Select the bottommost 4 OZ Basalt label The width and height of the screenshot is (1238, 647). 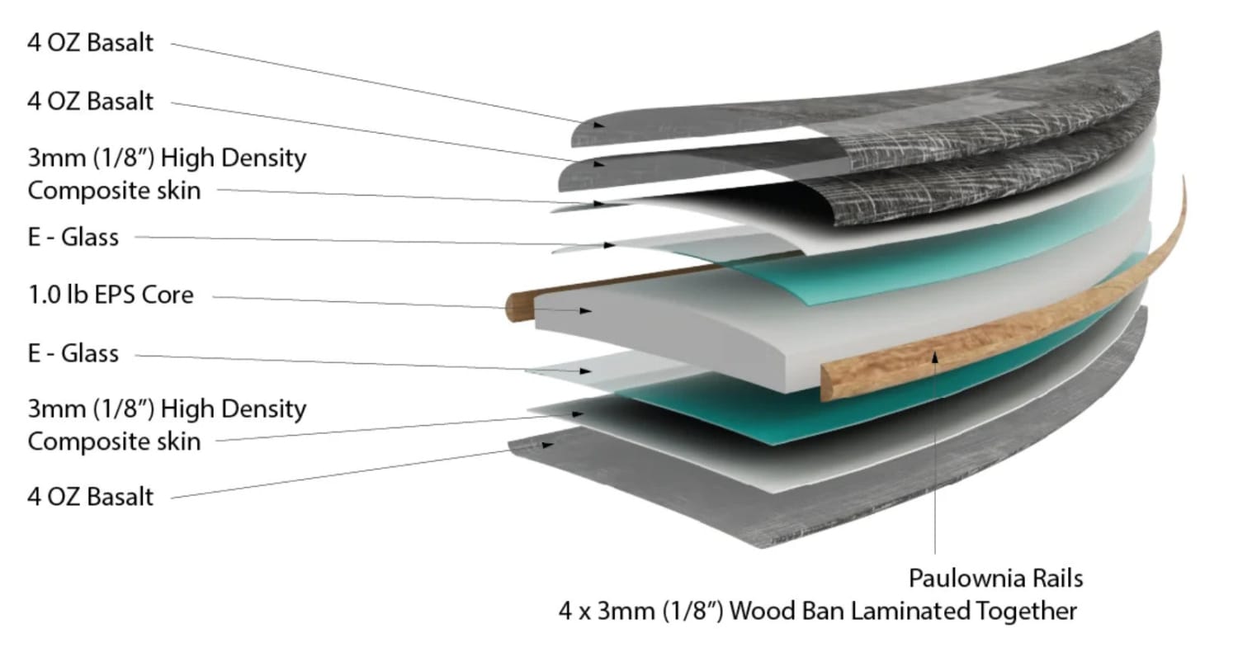click(x=91, y=498)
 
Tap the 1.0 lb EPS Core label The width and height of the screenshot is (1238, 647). click(x=111, y=295)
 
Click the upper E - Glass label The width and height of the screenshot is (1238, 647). click(x=73, y=238)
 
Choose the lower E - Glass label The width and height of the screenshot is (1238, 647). click(x=73, y=354)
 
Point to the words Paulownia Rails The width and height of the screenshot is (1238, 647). click(x=995, y=578)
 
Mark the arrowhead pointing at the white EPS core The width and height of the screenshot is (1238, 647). click(x=587, y=311)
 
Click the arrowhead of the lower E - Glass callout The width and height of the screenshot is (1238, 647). click(x=586, y=371)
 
